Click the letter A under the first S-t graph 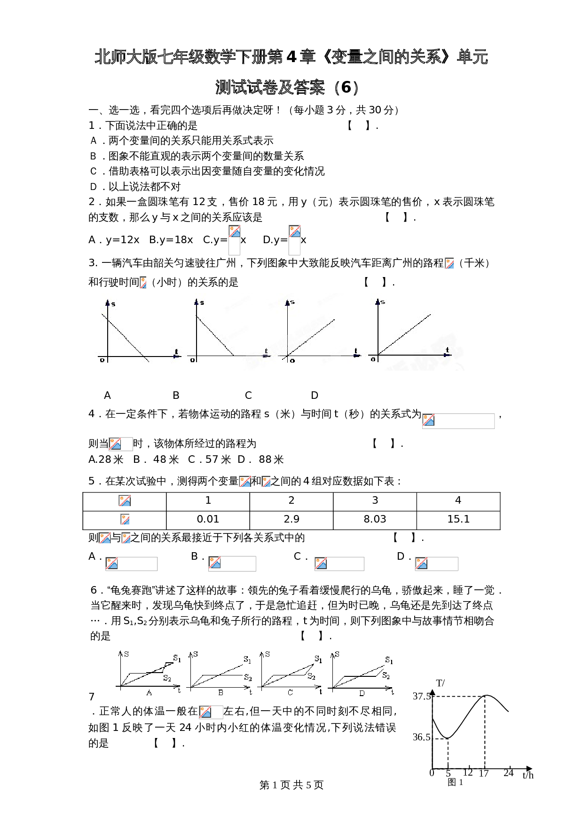point(149,693)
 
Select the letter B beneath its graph point(221,693)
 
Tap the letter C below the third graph point(290,693)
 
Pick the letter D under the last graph point(362,693)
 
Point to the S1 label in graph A point(177,658)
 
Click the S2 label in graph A point(167,678)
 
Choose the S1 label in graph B point(247,660)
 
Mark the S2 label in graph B point(248,678)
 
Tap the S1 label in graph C point(318,659)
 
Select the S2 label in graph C point(311,676)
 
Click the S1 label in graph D point(389,660)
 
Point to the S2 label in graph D point(386,676)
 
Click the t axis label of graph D point(392,692)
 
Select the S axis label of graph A point(126,654)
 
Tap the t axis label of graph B point(251,692)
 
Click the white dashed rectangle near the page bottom point(440,754)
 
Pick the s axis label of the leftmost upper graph point(113,304)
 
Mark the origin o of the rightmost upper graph point(373,359)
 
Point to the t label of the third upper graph point(356,351)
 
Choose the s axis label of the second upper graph point(202,302)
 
